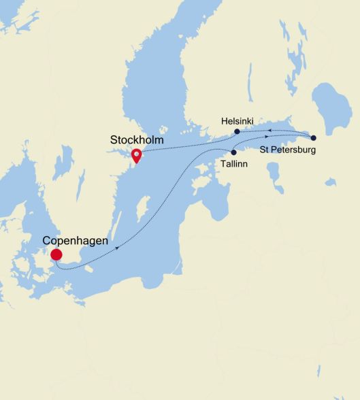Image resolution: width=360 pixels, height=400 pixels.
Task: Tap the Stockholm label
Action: (137, 139)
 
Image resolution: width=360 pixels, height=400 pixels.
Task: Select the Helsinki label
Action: (238, 120)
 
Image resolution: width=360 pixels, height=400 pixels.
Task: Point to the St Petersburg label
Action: (288, 149)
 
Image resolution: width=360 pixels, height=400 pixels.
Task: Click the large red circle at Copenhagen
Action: (56, 254)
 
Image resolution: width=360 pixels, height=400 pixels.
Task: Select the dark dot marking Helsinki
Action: (237, 131)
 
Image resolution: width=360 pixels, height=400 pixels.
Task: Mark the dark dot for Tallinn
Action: (233, 152)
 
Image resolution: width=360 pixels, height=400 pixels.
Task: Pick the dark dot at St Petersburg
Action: (314, 137)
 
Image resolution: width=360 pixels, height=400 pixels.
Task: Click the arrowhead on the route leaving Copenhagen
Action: (119, 248)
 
